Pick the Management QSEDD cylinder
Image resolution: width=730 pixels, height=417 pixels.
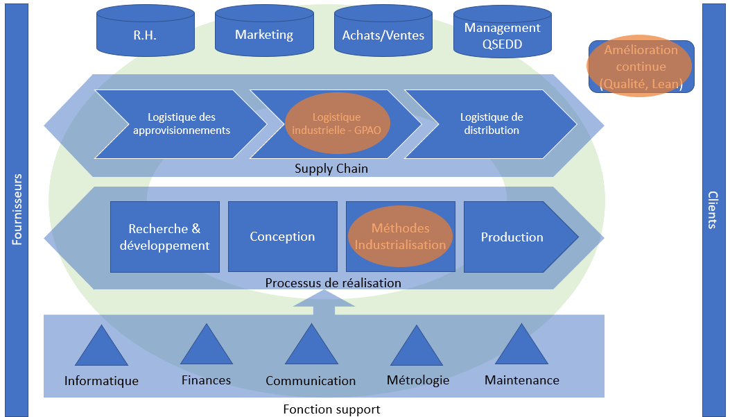click(x=502, y=33)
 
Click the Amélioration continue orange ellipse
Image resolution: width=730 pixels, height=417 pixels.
click(x=641, y=67)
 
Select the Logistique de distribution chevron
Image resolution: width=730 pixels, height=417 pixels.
click(x=491, y=124)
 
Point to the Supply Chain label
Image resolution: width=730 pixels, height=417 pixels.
click(x=331, y=169)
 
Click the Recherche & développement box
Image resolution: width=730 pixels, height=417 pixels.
click(x=165, y=237)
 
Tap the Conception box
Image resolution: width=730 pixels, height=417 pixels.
click(x=282, y=237)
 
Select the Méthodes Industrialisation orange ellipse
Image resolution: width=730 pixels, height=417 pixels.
click(x=400, y=237)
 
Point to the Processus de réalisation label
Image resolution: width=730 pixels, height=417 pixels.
click(x=333, y=283)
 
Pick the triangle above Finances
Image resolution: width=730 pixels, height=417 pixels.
click(x=206, y=348)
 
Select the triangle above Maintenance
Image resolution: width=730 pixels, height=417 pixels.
click(x=521, y=348)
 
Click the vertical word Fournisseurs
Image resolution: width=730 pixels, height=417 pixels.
click(x=17, y=209)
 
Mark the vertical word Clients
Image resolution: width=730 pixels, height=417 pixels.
click(x=713, y=209)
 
